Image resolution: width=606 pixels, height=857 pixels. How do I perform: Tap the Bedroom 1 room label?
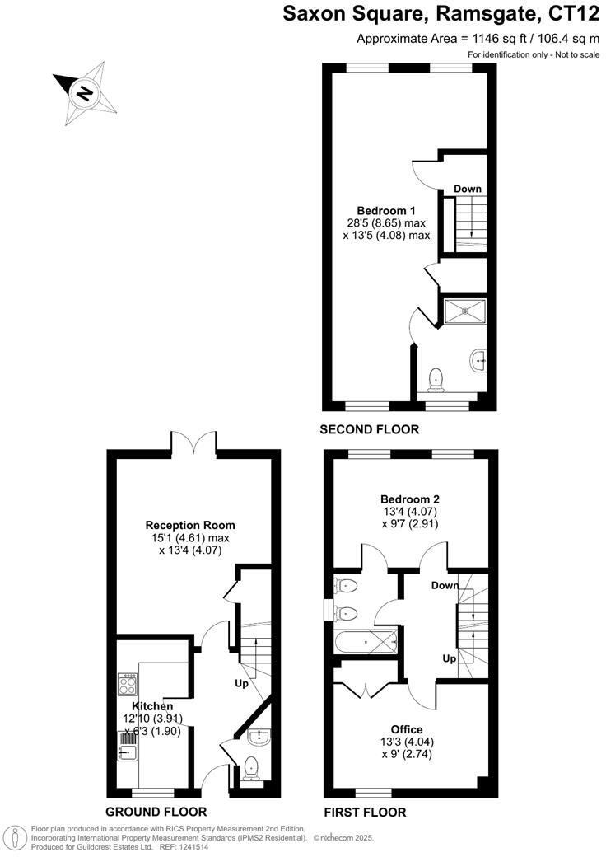click(386, 210)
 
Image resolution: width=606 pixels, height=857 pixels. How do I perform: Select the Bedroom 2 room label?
click(409, 499)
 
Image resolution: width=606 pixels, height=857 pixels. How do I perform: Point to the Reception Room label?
click(190, 525)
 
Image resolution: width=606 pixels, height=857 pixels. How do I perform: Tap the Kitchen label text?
click(153, 706)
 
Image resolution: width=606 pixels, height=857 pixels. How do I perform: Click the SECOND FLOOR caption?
click(370, 429)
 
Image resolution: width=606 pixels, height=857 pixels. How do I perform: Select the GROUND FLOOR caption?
click(156, 812)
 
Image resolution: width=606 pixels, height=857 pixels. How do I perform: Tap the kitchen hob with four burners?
click(128, 683)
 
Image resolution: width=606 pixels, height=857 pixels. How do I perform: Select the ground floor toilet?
click(252, 766)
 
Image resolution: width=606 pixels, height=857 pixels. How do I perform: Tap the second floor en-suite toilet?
click(437, 379)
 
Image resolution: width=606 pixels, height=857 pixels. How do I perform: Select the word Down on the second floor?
click(468, 189)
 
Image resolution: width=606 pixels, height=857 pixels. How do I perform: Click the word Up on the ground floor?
click(241, 684)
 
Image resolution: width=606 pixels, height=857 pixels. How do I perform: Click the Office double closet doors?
click(364, 691)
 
